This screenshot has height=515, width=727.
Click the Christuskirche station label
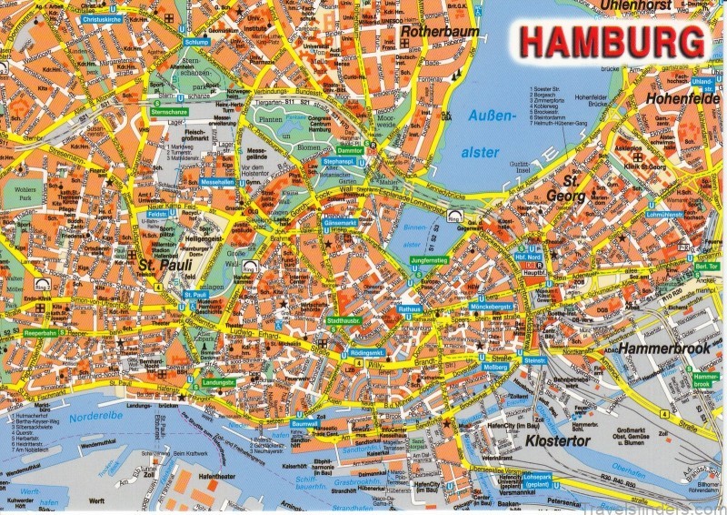pyautogui.click(x=103, y=18)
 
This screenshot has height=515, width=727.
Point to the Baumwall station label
pyautogui.click(x=304, y=424)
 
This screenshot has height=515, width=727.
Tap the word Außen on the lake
pyautogui.click(x=485, y=116)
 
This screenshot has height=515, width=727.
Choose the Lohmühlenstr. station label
pyautogui.click(x=665, y=215)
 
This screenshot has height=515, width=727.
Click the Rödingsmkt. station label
pyautogui.click(x=368, y=352)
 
